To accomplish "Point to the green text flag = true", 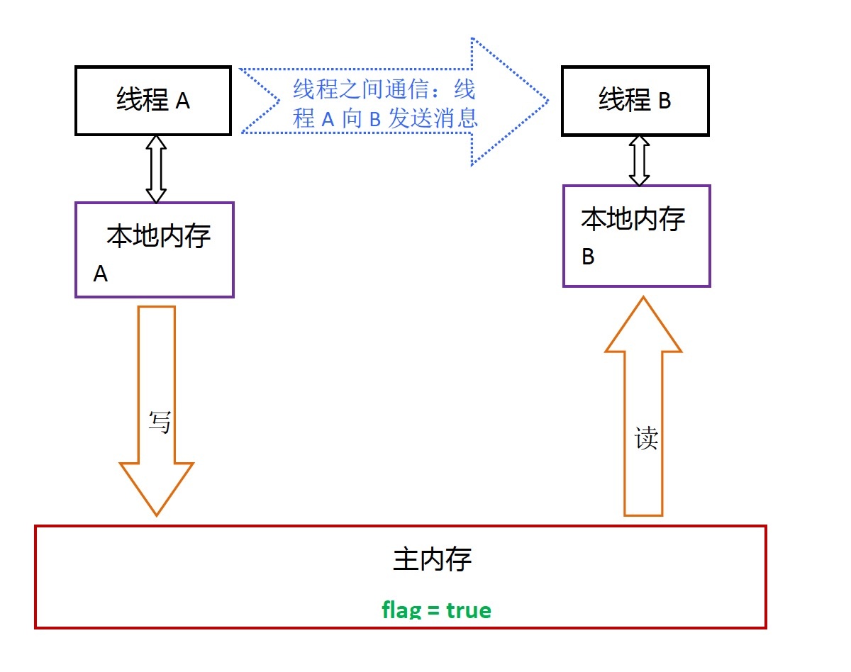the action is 436,610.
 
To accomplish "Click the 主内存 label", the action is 432,559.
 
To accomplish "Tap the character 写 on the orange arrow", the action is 160,422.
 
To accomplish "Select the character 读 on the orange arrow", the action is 646,438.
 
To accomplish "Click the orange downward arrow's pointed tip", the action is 157,516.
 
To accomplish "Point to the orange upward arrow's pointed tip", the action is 643,296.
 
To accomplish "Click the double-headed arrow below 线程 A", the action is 156,169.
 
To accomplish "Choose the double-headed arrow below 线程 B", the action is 639,161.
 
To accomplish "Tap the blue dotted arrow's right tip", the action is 548,101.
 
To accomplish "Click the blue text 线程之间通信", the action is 361,89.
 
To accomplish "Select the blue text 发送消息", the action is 433,118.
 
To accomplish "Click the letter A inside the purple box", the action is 101,274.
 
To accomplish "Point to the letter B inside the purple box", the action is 588,257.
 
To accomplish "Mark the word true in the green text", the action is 469,610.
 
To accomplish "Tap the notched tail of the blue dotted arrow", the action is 279,101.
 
